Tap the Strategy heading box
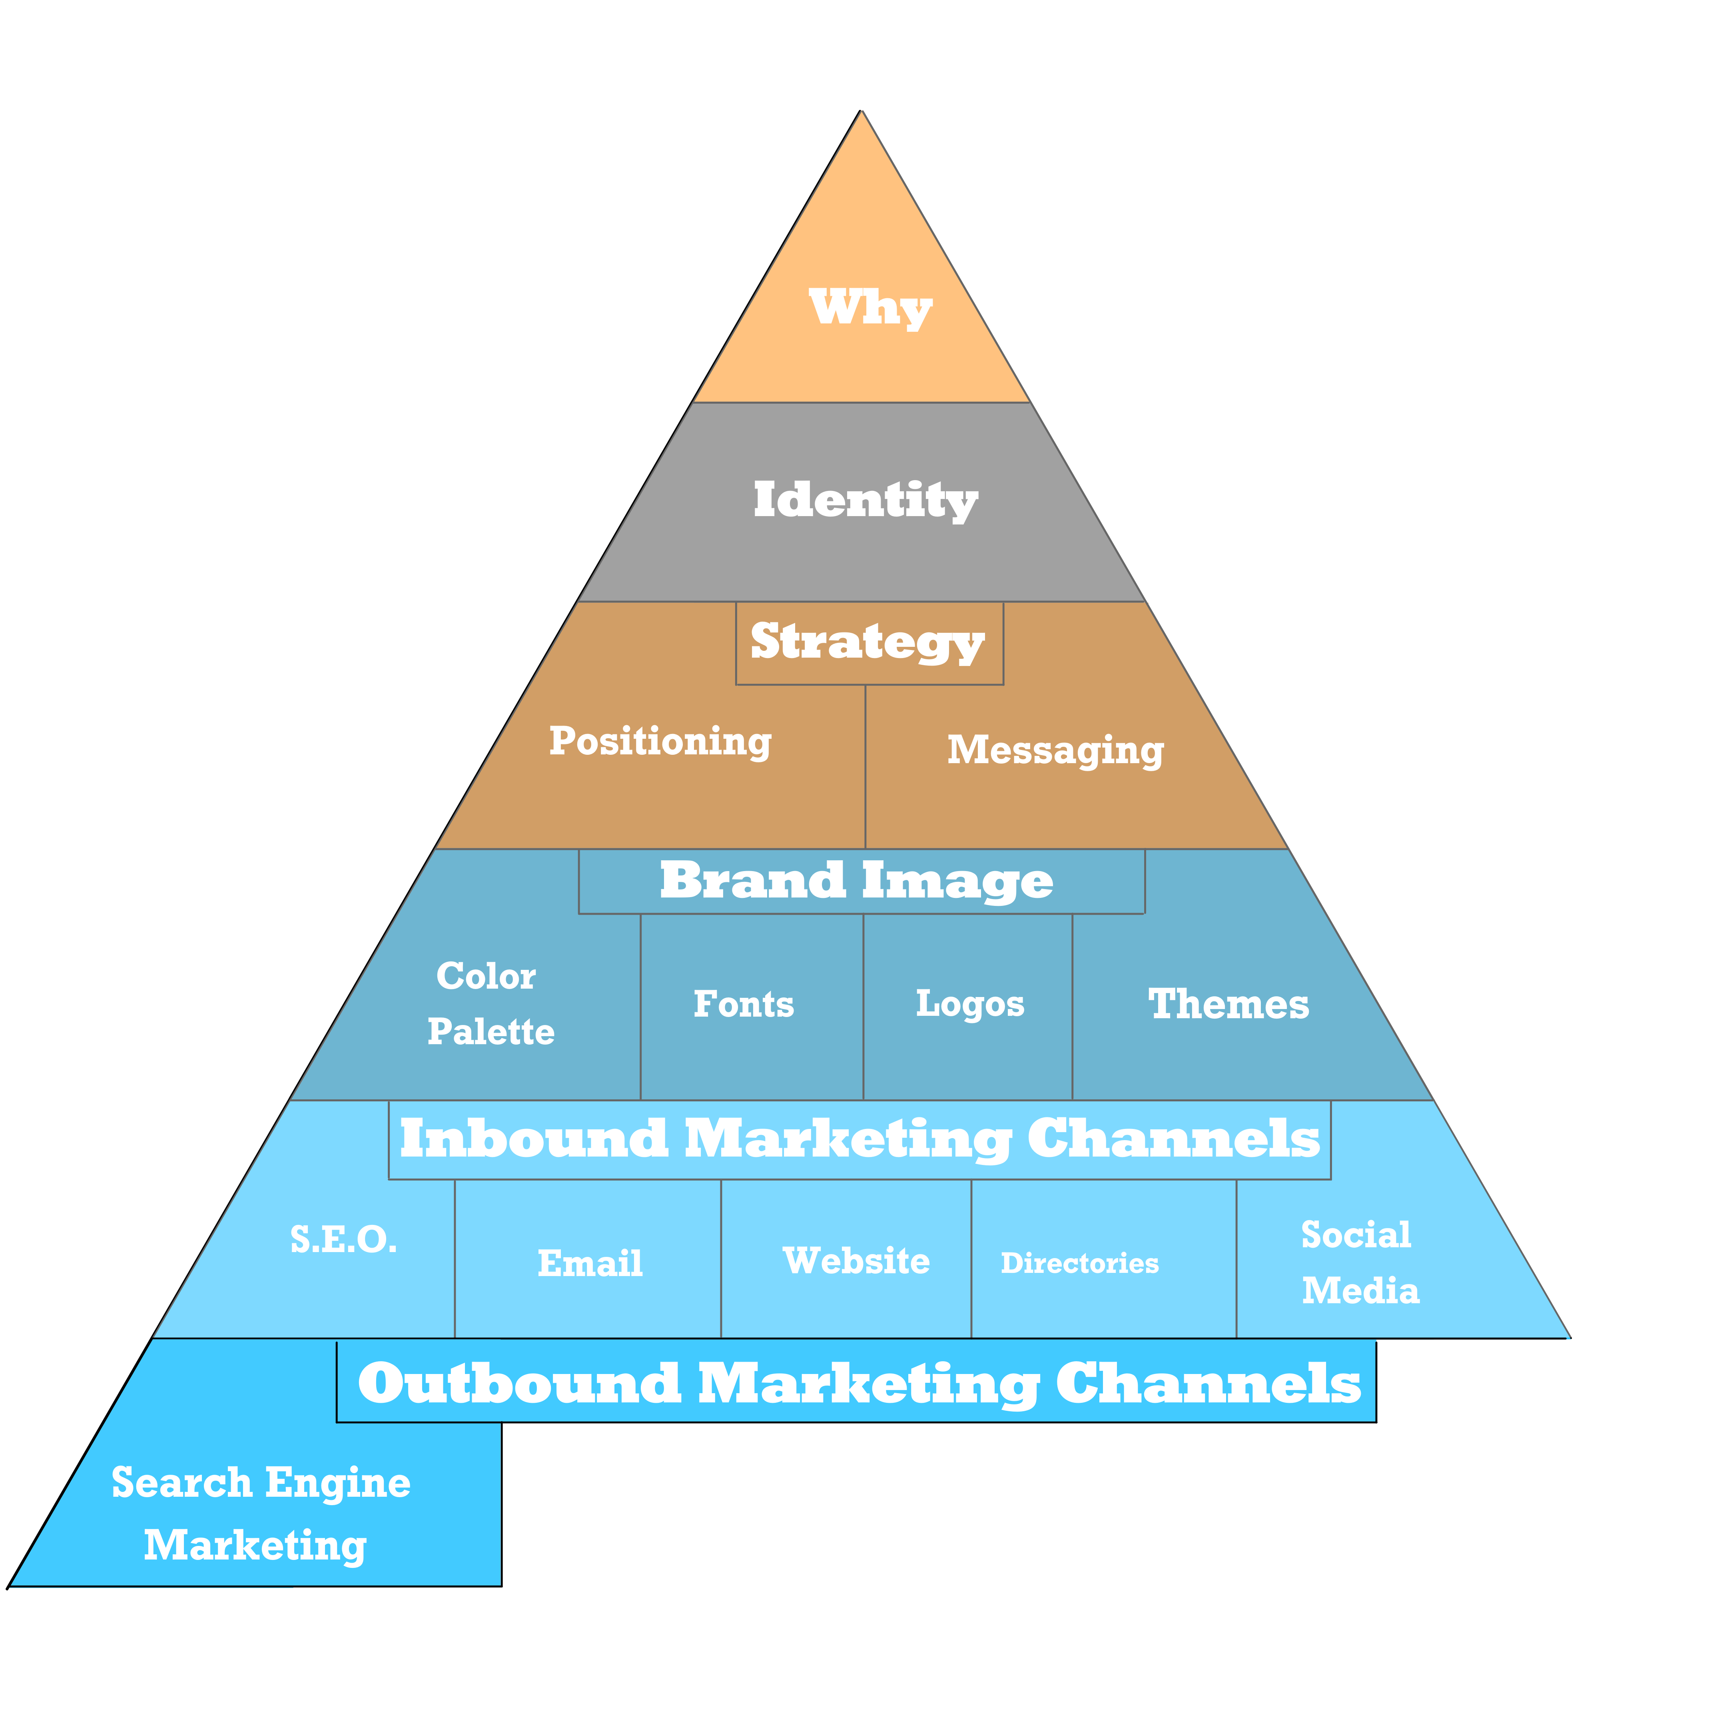[x=869, y=644]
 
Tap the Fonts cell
[x=752, y=1007]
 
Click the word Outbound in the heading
[x=519, y=1384]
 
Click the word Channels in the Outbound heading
[x=1209, y=1384]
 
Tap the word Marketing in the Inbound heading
[x=848, y=1140]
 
